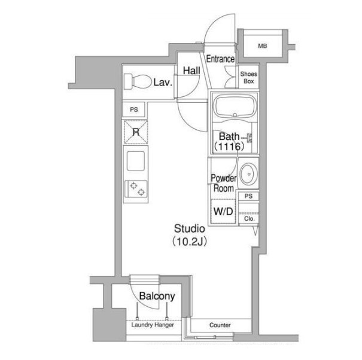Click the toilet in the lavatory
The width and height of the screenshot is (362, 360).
point(137,81)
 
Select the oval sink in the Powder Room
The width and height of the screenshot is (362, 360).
point(248,174)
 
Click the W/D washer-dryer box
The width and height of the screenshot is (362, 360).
point(223,211)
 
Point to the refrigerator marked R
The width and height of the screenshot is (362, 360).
point(136,132)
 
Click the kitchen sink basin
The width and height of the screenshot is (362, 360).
point(136,161)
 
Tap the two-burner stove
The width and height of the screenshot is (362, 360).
point(136,189)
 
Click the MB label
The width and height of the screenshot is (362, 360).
point(263,46)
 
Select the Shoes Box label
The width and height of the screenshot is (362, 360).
point(249,78)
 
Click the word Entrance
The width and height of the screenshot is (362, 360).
point(220,59)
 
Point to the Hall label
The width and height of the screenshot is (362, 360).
point(191,71)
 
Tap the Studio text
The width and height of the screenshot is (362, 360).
point(190,228)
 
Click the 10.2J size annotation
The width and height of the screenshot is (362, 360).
point(189,242)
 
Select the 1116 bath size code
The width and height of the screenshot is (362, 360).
point(229,147)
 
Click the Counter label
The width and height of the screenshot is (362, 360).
point(220,325)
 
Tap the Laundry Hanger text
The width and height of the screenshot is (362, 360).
point(153,325)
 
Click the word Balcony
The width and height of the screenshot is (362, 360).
point(157,296)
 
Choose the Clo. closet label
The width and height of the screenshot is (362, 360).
point(250,218)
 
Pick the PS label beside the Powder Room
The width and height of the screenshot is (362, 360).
point(248,196)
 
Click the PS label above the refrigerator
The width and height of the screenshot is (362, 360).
point(134,109)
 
